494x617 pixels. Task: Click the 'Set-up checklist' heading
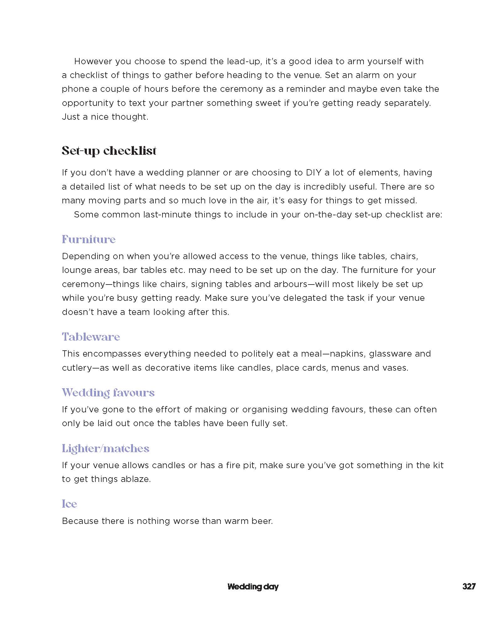tap(109, 151)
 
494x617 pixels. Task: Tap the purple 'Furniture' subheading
tap(89, 239)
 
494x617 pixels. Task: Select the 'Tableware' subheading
tap(91, 337)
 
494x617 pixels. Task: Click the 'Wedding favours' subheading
tap(108, 393)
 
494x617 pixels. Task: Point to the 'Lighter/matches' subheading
tap(105, 448)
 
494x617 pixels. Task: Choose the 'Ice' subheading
tap(69, 504)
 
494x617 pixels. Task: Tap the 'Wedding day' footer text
tap(253, 587)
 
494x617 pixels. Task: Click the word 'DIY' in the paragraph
tap(312, 173)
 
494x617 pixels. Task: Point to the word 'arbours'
tap(290, 284)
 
